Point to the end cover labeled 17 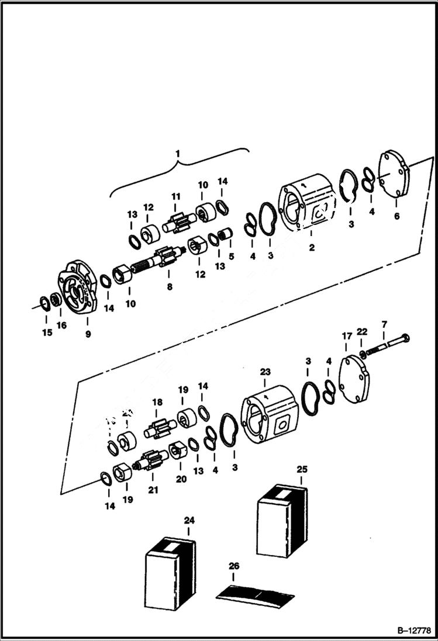pyautogui.click(x=356, y=380)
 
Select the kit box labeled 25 pyautogui.click(x=282, y=520)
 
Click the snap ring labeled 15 pyautogui.click(x=44, y=303)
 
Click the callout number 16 pyautogui.click(x=61, y=325)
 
